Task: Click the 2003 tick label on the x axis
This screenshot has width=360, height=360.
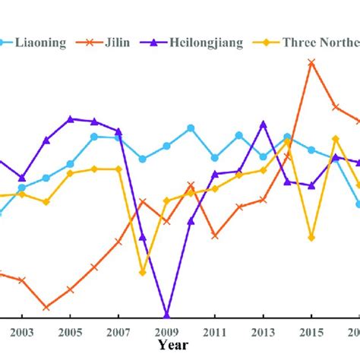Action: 21,331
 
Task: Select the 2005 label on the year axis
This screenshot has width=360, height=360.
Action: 70,331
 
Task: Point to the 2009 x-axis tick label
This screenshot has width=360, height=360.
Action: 166,331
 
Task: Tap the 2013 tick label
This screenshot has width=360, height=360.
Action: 263,331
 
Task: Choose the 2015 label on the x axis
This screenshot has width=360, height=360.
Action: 311,331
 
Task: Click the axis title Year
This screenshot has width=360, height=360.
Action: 175,345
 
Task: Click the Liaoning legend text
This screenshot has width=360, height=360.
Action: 46,43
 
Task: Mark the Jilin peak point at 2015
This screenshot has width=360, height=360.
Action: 311,63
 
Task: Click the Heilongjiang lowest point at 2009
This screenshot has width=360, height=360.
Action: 166,314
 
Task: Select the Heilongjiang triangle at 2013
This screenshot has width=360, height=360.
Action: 264,123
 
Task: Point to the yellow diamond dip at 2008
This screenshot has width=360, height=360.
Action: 142,272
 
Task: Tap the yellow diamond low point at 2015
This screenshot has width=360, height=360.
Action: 311,238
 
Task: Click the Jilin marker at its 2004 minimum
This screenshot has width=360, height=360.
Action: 46,308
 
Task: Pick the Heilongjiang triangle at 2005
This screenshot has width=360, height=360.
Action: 70,119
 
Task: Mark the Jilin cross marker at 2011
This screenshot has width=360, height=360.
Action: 215,236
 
